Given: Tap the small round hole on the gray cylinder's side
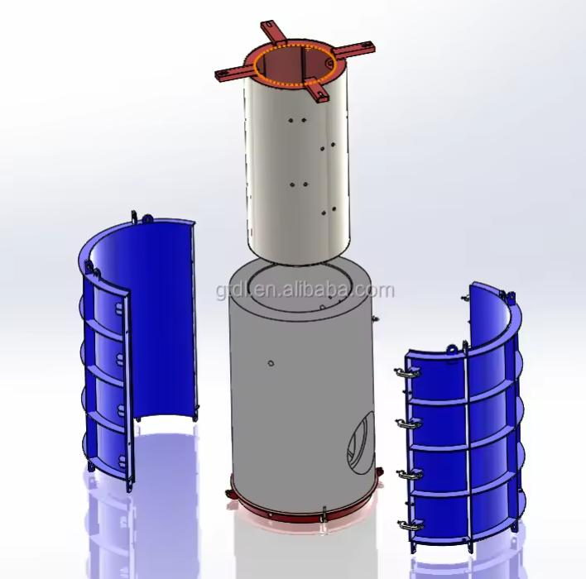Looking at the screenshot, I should (272, 361).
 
